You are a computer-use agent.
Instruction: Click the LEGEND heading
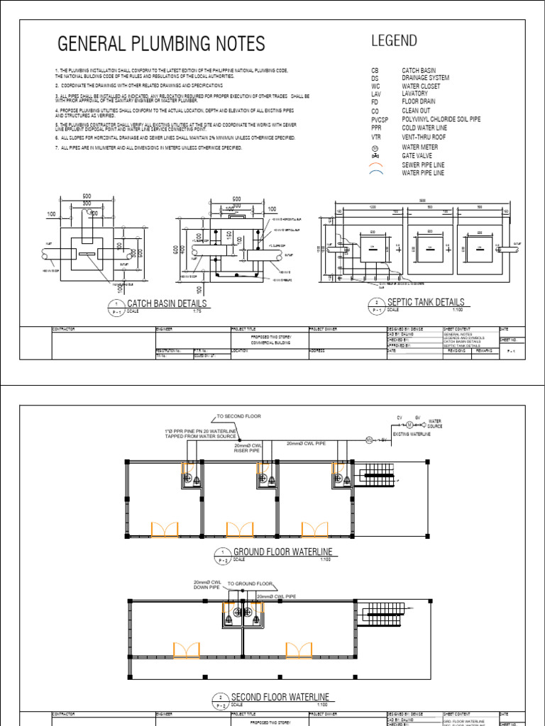point(394,40)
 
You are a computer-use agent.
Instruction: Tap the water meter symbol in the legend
point(375,147)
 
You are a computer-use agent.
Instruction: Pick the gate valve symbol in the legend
point(375,155)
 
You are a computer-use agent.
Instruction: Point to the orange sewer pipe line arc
point(375,164)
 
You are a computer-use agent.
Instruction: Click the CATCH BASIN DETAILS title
point(167,304)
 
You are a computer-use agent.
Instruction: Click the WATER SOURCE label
point(434,424)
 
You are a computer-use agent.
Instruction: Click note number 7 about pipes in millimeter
point(148,147)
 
